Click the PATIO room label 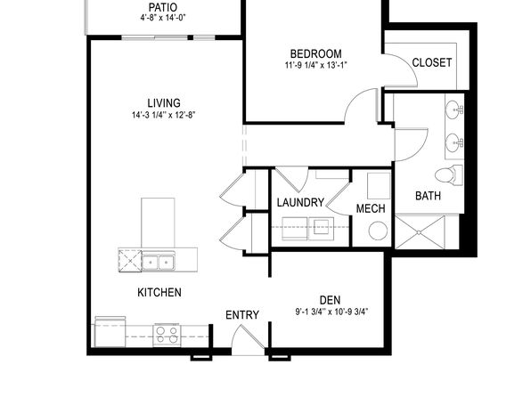click(x=163, y=7)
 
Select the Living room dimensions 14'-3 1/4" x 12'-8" click(x=164, y=115)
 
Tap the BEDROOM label click(x=316, y=53)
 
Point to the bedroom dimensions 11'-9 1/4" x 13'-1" click(x=316, y=65)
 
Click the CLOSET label click(x=432, y=62)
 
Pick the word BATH click(x=428, y=196)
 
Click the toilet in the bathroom click(x=449, y=175)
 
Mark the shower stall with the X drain click(x=420, y=232)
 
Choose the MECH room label click(x=371, y=208)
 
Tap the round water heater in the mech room click(x=378, y=231)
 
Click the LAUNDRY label click(x=300, y=202)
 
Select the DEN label click(x=331, y=300)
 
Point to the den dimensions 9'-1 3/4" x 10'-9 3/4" click(x=331, y=312)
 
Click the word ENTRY click(x=242, y=315)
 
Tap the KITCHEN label click(x=159, y=292)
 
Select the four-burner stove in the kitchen click(x=167, y=335)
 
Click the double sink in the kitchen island click(x=159, y=261)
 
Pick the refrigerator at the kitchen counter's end click(x=110, y=332)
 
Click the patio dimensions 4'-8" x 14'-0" click(x=163, y=18)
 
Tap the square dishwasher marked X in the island click(x=130, y=260)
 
